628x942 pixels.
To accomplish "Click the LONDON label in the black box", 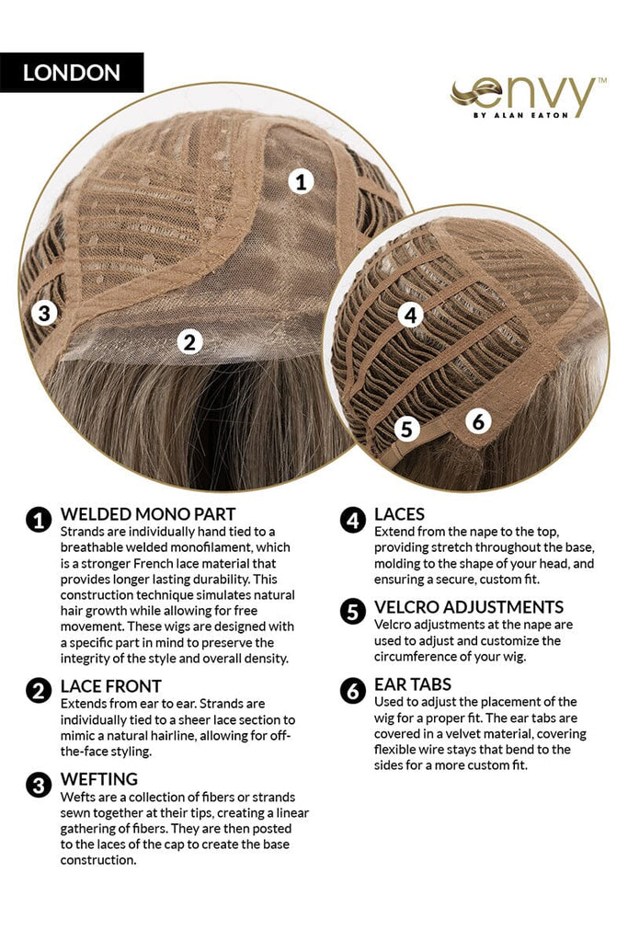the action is point(72,73).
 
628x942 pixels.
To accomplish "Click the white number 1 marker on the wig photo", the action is point(301,181).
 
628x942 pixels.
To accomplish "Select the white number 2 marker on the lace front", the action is point(189,342).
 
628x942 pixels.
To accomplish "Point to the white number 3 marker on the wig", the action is point(44,313).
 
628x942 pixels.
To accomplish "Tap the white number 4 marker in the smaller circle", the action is point(411,315).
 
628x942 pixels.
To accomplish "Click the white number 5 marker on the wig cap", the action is point(407,429).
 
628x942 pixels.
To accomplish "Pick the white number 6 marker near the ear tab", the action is point(478,421).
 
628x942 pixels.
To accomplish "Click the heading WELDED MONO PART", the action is point(148,514).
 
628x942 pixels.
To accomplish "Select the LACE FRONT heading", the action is point(111,686).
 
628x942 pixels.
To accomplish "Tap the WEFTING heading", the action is point(99,779).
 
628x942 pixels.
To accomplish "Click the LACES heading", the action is point(399,514).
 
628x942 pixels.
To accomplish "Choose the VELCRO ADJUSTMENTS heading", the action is point(469,607).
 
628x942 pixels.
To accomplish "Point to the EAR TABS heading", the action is point(413,684).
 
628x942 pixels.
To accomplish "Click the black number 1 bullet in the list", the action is point(39,521).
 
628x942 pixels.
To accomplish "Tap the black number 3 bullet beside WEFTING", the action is point(39,786).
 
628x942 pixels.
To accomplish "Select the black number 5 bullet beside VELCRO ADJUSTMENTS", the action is point(353,612).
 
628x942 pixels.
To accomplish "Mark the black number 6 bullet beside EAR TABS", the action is point(353,690).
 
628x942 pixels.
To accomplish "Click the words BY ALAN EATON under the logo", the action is point(520,115).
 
